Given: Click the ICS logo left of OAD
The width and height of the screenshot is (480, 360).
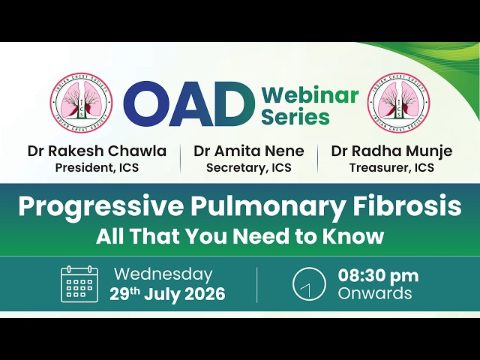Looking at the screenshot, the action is click(x=81, y=103).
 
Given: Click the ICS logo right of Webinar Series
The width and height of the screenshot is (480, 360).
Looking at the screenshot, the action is click(x=399, y=103).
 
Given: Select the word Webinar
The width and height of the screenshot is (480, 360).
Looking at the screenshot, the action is click(x=310, y=95).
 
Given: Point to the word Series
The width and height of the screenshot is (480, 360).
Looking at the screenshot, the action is click(x=295, y=116).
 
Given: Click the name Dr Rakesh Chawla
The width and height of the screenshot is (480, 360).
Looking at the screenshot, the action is click(x=97, y=151).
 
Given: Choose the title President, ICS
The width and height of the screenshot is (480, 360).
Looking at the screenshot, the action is click(x=97, y=168).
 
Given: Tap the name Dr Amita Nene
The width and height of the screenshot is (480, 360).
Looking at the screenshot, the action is click(x=249, y=151).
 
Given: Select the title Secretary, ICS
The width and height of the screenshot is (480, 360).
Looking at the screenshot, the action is click(x=249, y=168).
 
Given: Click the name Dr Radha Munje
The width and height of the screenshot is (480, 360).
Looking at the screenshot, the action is click(x=391, y=151).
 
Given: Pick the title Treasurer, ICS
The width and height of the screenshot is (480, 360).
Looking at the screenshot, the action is click(x=391, y=168).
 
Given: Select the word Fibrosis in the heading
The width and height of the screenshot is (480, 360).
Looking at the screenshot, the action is click(x=406, y=205).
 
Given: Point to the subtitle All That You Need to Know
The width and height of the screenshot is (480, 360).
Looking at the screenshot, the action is click(x=240, y=237).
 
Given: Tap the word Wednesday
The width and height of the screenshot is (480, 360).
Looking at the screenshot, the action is click(x=163, y=274).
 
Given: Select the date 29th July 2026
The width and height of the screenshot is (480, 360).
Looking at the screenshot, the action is click(x=167, y=294).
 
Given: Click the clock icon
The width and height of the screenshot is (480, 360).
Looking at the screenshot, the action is click(x=309, y=283).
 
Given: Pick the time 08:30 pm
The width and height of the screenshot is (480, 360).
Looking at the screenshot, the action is click(x=378, y=276).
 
